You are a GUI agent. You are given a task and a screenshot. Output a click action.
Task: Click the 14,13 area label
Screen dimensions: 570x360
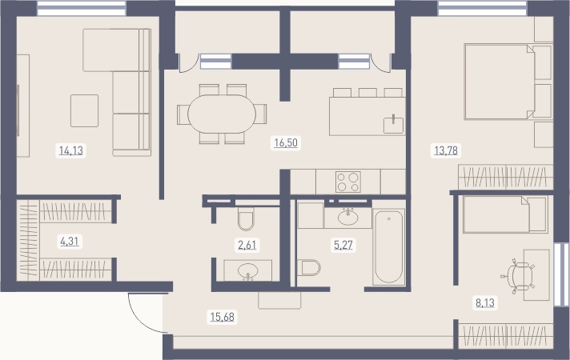coord(71,150)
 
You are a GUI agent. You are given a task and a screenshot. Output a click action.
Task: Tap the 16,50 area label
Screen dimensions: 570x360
coord(286,142)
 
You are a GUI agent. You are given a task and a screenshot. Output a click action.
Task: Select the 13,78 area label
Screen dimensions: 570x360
coord(446,150)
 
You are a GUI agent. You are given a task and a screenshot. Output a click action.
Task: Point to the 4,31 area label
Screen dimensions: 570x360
coord(70,241)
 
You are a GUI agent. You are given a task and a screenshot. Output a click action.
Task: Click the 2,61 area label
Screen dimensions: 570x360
coord(247,245)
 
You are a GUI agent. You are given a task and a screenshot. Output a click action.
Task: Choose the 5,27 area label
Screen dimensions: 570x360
coord(343,245)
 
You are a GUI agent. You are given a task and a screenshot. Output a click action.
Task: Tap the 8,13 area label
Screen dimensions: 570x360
coord(485,302)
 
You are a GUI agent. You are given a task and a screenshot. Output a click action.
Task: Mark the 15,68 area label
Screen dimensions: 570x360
coord(223,317)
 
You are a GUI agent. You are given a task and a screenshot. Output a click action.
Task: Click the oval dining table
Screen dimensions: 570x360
coord(222,114)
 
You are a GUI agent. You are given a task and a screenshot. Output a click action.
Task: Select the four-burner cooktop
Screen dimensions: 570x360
coord(348,182)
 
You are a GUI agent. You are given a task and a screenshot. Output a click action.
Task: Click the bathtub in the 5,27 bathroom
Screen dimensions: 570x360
coord(388,247)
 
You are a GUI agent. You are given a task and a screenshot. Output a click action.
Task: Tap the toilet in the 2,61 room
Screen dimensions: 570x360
coord(246,218)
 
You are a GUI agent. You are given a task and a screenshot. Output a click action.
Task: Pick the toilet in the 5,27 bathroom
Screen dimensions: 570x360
coord(309,268)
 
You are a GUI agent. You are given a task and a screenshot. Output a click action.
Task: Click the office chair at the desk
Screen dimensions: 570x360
coord(519,276)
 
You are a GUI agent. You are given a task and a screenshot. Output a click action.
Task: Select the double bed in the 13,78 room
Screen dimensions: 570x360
coord(508,82)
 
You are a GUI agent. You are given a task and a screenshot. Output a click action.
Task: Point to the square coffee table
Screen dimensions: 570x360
coord(84,110)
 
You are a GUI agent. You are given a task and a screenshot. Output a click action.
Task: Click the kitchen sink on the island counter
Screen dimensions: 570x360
coord(394,125)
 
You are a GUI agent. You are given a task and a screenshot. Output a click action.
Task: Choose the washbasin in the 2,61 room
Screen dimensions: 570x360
coord(248,270)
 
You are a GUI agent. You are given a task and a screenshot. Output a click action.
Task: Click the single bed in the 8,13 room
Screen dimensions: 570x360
coord(505,214)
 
